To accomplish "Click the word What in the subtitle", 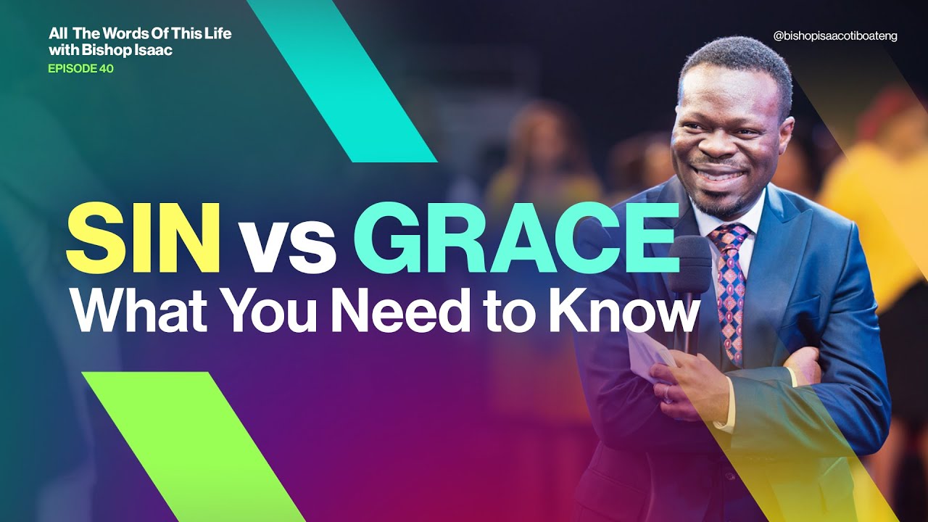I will pyautogui.click(x=138, y=310).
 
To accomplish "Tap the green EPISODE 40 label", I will pyautogui.click(x=80, y=70).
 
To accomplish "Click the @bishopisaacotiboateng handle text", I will pyautogui.click(x=835, y=36).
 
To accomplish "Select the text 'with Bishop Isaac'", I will pyautogui.click(x=110, y=51).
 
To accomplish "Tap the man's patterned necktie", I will pyautogui.click(x=729, y=290).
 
